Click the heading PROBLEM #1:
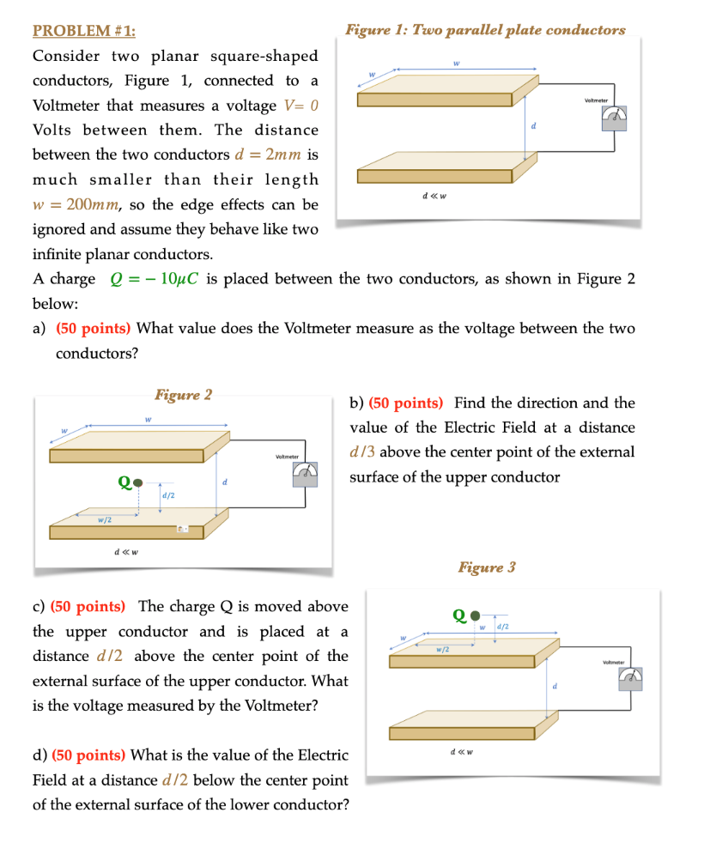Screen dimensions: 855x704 (x=83, y=31)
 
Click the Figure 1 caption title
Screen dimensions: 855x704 (x=485, y=30)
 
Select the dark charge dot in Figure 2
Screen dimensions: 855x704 (x=138, y=483)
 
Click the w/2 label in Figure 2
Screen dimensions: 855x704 (x=103, y=518)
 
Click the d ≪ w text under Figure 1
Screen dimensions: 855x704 (x=434, y=195)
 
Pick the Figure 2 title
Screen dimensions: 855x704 (x=183, y=395)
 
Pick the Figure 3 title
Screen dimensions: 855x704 (x=487, y=567)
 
